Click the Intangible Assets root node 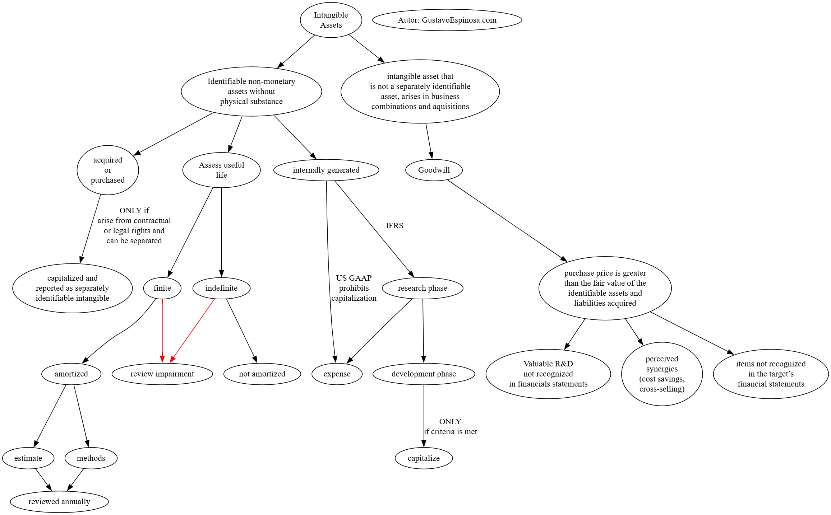[x=331, y=20]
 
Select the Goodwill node [x=434, y=170]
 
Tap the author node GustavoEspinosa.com [x=447, y=20]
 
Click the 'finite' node [x=162, y=288]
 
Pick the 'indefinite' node [x=221, y=288]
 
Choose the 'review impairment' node [x=162, y=374]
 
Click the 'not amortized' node [x=262, y=374]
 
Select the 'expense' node [x=337, y=374]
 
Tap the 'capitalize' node [x=424, y=458]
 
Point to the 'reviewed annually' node [x=59, y=502]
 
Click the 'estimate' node [x=28, y=458]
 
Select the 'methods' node [x=91, y=458]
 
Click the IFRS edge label [x=394, y=226]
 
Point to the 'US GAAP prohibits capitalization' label [x=354, y=288]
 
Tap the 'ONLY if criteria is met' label [x=450, y=427]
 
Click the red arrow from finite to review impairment [x=162, y=330]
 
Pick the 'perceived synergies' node [x=662, y=374]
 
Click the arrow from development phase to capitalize [x=424, y=416]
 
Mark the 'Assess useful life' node [x=221, y=170]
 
